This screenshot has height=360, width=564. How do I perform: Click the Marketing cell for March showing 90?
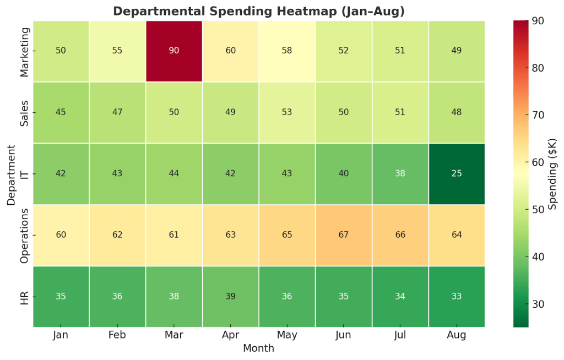pyautogui.click(x=174, y=51)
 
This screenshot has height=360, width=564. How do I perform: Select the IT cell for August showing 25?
pyautogui.click(x=457, y=173)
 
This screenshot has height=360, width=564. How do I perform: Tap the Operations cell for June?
pyautogui.click(x=344, y=235)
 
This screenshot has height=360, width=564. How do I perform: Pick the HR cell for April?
pyautogui.click(x=231, y=297)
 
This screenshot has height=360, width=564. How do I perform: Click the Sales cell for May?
pyautogui.click(x=287, y=112)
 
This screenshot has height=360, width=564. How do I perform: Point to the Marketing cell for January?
pyautogui.click(x=61, y=51)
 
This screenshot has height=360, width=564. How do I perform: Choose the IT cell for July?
pyautogui.click(x=400, y=173)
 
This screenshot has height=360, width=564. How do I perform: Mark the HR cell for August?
pyautogui.click(x=457, y=297)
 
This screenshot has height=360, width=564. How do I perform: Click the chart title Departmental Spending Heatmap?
pyautogui.click(x=259, y=12)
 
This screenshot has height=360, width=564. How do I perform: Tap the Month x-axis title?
pyautogui.click(x=259, y=348)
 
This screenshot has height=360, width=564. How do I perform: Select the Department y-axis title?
pyautogui.click(x=12, y=174)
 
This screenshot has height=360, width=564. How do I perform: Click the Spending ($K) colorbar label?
pyautogui.click(x=554, y=174)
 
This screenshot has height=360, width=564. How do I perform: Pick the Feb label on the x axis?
pyautogui.click(x=117, y=335)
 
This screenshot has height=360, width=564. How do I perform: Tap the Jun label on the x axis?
pyautogui.click(x=344, y=335)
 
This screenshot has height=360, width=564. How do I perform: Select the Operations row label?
pyautogui.click(x=25, y=235)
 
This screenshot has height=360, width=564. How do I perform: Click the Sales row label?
pyautogui.click(x=25, y=112)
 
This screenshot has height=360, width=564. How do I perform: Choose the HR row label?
pyautogui.click(x=25, y=297)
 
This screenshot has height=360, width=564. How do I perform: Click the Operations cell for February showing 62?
pyautogui.click(x=117, y=235)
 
